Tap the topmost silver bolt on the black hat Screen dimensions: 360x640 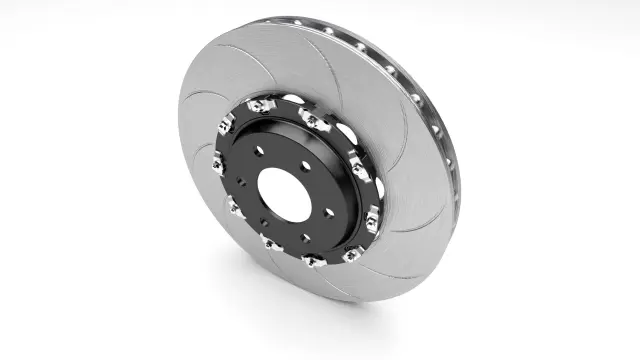(x=262, y=104)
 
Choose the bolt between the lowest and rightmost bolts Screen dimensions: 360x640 (x=350, y=253)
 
